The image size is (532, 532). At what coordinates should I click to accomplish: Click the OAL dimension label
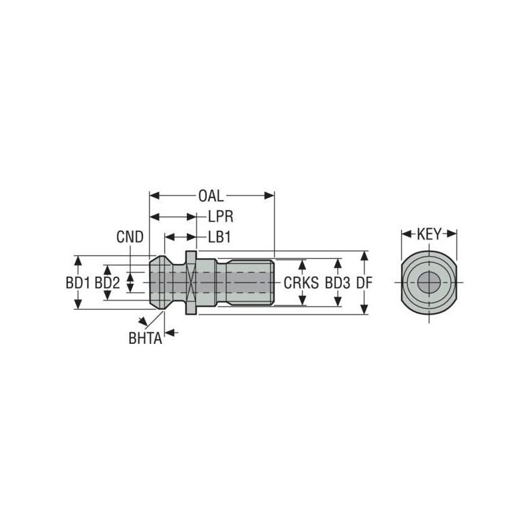(211, 196)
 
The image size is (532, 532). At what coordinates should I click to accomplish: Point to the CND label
(130, 237)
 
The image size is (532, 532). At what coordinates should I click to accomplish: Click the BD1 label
(78, 283)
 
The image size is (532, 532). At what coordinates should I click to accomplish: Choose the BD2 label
(107, 283)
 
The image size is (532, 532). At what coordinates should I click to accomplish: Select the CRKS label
(301, 283)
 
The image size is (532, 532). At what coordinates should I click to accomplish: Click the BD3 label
(337, 283)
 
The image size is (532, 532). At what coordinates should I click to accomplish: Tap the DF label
(364, 283)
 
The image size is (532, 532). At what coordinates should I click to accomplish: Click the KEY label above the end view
(429, 234)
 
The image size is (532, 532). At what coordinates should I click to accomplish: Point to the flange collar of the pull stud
(191, 283)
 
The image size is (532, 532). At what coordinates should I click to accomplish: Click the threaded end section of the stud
(249, 283)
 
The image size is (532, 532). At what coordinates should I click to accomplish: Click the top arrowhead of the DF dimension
(364, 255)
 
